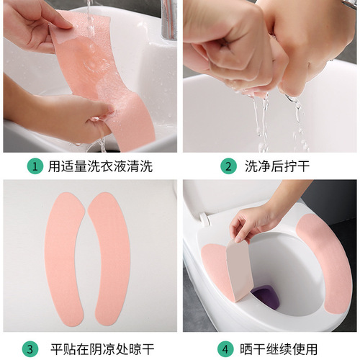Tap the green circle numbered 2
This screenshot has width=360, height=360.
coord(228,166)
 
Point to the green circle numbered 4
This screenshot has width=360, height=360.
coord(228,349)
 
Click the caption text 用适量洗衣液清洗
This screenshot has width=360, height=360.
coord(100,166)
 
